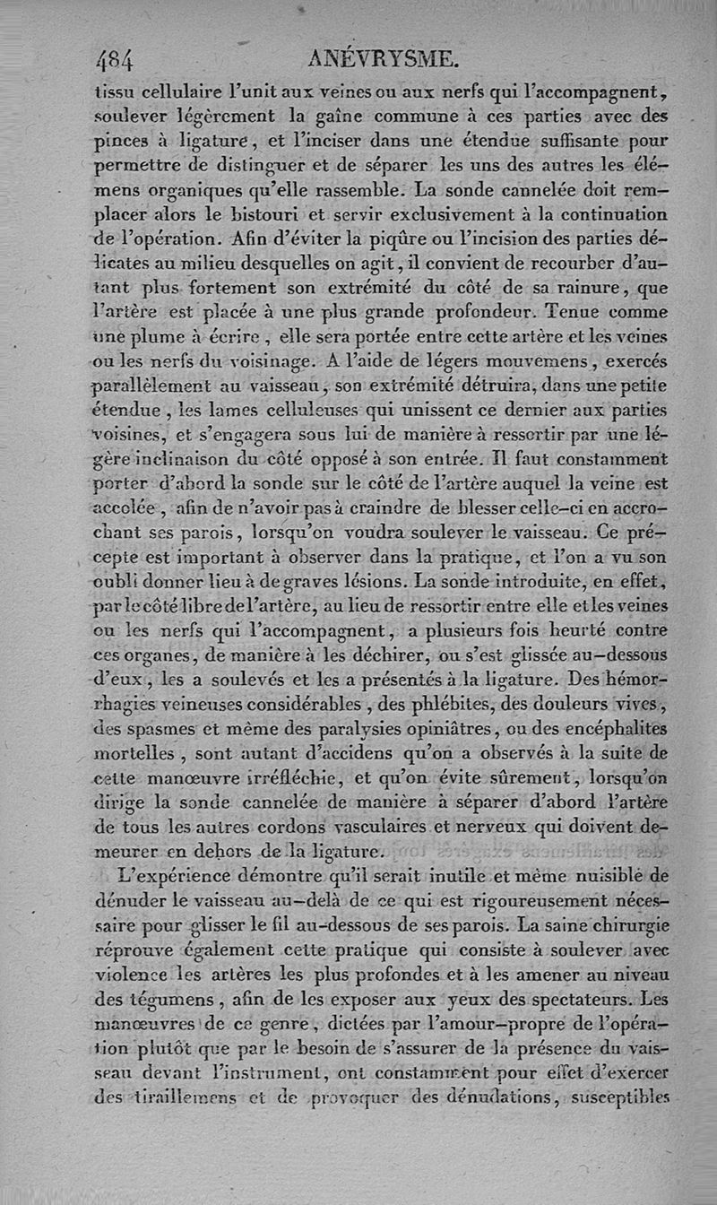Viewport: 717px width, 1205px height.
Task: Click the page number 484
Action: click(114, 60)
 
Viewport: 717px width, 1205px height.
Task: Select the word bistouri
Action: click(259, 214)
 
